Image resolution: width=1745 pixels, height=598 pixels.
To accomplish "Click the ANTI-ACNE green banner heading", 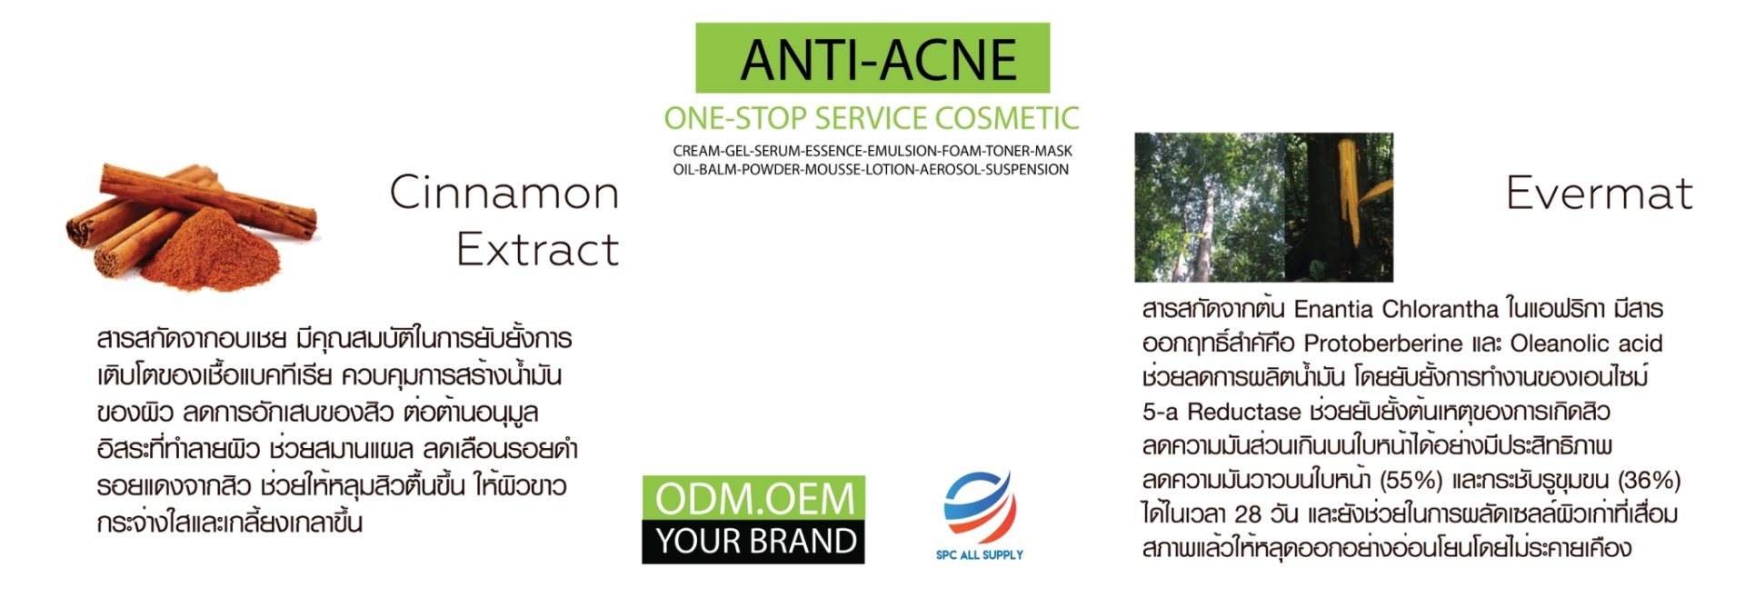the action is [872, 58].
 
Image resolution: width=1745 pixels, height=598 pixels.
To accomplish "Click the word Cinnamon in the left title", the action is [504, 193].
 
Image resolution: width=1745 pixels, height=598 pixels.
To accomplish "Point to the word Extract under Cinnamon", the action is [538, 249].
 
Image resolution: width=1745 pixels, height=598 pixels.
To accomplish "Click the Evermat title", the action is [1600, 193].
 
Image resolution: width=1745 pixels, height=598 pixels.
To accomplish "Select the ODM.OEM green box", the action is [753, 498].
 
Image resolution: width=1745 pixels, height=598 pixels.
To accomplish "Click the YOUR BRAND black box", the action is [753, 542].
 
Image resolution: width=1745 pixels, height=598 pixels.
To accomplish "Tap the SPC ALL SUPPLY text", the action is [980, 554].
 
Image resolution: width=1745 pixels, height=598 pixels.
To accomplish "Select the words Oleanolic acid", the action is [1586, 344].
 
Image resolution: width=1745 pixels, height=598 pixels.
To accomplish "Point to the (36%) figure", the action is [1649, 480].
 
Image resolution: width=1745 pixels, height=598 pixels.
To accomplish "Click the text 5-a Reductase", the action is [1221, 412].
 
